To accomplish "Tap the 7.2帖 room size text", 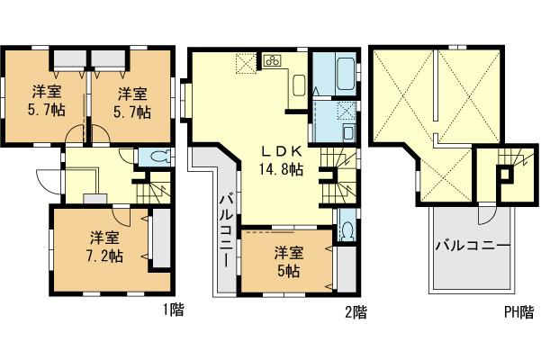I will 105,255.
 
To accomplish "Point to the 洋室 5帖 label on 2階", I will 289,262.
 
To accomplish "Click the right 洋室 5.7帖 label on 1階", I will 131,100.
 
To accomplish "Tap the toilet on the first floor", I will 157,157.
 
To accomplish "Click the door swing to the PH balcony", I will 487,214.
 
